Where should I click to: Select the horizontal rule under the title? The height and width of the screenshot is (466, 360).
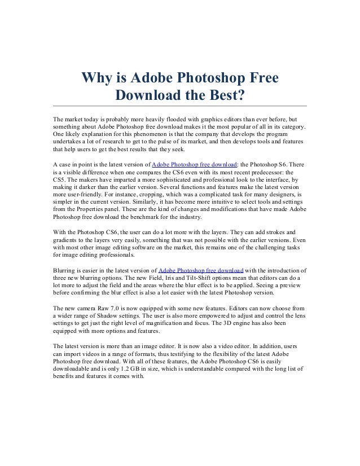click(179, 106)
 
